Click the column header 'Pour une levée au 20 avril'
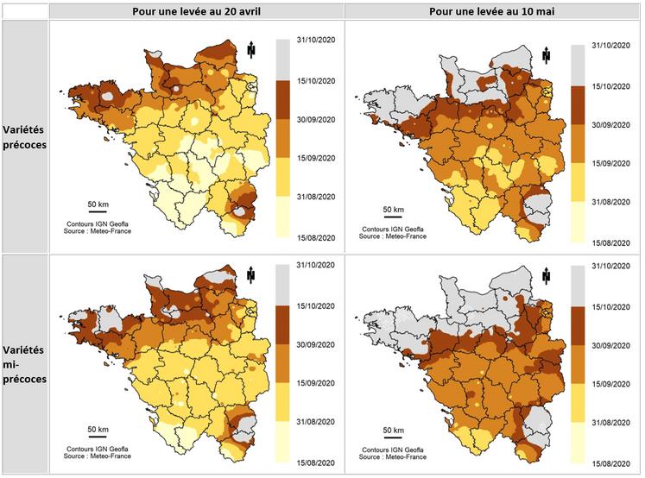click(196, 10)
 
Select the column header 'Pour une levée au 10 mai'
click(492, 10)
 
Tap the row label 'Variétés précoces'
click(24, 137)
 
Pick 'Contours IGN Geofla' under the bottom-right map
click(393, 450)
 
